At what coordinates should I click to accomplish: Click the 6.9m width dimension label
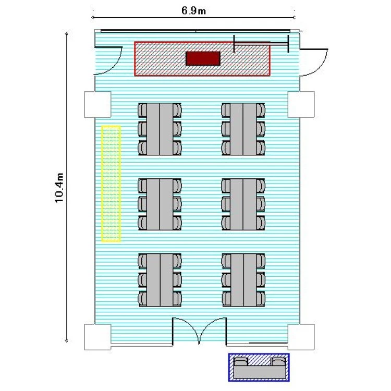(193, 10)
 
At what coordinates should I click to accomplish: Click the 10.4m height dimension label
(59, 188)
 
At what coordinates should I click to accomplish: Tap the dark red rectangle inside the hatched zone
(203, 58)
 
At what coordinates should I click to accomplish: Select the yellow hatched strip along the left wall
(111, 184)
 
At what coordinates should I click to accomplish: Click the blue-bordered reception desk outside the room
(259, 368)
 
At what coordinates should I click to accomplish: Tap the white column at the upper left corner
(97, 104)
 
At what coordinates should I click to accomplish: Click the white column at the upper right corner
(301, 104)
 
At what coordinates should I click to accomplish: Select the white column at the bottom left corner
(97, 337)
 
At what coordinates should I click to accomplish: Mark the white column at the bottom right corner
(301, 337)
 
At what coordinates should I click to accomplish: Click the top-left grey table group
(160, 129)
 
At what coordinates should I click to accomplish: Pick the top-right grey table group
(243, 129)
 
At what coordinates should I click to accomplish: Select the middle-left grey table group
(160, 204)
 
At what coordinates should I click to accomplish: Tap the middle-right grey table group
(243, 204)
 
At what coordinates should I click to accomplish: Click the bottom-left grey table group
(160, 280)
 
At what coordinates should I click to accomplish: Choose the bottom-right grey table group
(243, 280)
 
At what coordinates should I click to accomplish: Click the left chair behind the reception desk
(241, 361)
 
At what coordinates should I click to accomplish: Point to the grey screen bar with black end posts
(261, 44)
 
